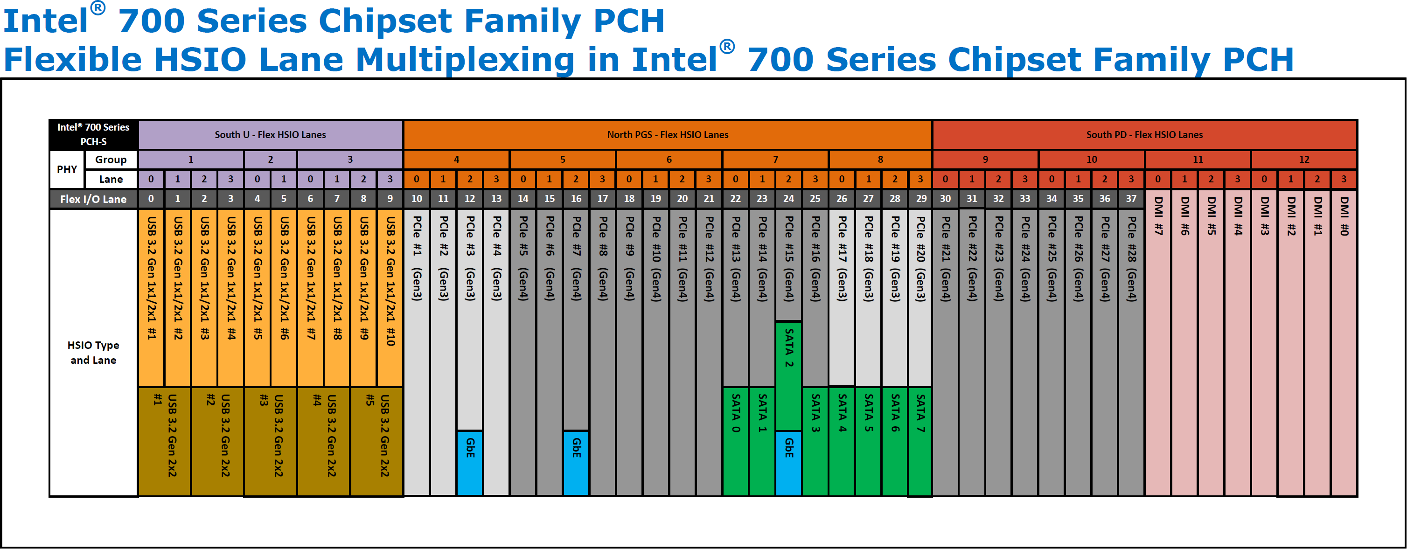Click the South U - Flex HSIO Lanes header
pos(271,134)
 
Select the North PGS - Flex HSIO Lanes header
pos(668,134)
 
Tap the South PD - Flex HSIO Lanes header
pos(1144,134)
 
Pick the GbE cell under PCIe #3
pos(470,463)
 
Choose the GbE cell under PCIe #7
pos(576,463)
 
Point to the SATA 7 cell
pos(921,441)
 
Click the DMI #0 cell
pos(1344,342)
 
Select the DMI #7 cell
pos(1158,342)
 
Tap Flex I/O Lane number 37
pos(1131,199)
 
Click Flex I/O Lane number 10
pos(417,199)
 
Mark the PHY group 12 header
pos(1304,160)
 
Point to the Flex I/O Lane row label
pos(93,199)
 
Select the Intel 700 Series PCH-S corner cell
pos(93,134)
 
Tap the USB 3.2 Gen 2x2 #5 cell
pos(377,441)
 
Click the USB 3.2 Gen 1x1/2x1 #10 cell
pos(390,298)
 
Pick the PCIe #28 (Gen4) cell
pos(1131,352)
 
